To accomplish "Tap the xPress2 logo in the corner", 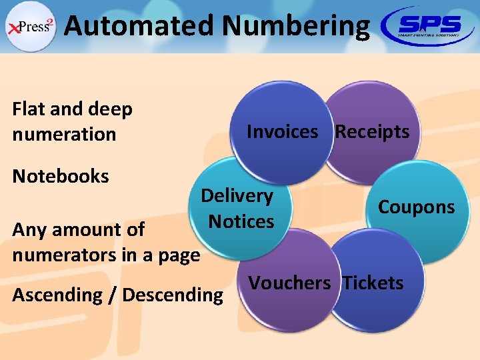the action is pos(31,27).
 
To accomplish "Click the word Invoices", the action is pos(283,132).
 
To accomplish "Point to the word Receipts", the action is pos(372,132).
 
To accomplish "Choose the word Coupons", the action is pos(416,207).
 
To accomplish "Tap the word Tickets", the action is pos(373,283).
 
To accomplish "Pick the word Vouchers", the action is pos(289,283).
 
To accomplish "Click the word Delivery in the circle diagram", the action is pos(237,196).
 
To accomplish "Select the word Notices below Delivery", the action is pos(241,221).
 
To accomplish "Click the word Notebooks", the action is pos(61,177).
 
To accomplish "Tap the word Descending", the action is pos(173,295).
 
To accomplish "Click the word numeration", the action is pos(64,134).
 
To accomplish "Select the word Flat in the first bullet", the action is pos(29,109).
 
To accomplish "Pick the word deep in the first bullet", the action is pos(109,109).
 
